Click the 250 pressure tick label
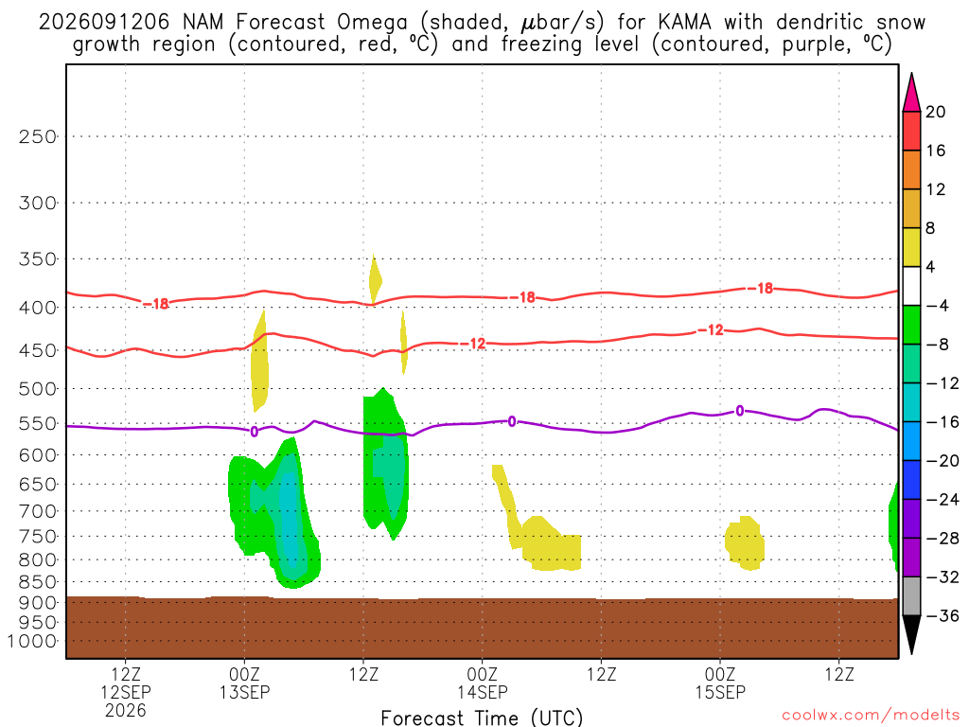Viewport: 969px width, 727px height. point(38,136)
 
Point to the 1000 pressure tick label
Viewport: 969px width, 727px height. point(32,641)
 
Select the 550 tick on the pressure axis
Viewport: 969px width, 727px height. point(38,423)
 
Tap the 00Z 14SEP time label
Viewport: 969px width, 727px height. point(483,683)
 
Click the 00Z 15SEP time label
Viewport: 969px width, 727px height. point(720,683)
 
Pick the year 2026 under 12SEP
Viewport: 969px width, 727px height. point(126,710)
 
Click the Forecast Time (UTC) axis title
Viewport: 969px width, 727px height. point(482,718)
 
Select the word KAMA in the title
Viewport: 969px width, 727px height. point(684,23)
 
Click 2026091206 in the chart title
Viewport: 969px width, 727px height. point(104,23)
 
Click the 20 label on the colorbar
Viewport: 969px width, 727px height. point(936,112)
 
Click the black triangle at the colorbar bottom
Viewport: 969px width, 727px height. point(911,631)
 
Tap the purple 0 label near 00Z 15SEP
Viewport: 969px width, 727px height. point(740,411)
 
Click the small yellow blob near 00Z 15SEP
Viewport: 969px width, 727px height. point(745,542)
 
